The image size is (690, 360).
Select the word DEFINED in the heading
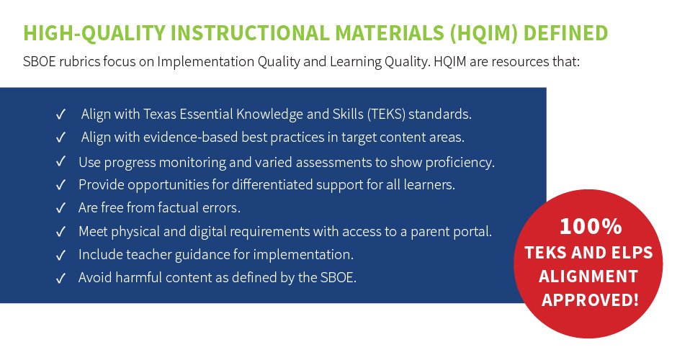(565, 33)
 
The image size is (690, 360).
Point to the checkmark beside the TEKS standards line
(61, 114)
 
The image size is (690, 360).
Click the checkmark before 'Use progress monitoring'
(61, 162)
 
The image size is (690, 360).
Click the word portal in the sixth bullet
(472, 232)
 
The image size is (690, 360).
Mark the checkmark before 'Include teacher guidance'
(61, 255)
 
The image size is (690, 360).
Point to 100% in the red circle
(590, 227)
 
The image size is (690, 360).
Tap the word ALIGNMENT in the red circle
(589, 276)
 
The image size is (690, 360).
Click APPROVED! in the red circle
(589, 300)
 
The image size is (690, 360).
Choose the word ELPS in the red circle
(628, 253)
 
